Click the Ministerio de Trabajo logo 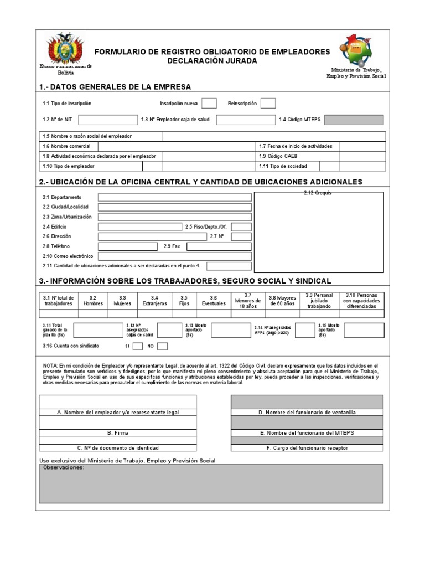(x=356, y=50)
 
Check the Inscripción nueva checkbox (x=209, y=104)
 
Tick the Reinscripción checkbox (x=268, y=104)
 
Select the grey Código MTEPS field (x=354, y=120)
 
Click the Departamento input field (x=175, y=197)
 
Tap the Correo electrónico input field (x=175, y=256)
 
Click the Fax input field (x=219, y=246)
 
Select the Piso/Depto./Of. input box (x=241, y=227)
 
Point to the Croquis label (x=318, y=193)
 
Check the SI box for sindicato (x=138, y=346)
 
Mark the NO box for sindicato (x=163, y=346)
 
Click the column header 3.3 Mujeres (x=122, y=301)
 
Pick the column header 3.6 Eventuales (x=214, y=301)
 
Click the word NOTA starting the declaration (x=50, y=366)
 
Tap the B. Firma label (x=118, y=433)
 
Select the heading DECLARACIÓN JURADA (x=212, y=61)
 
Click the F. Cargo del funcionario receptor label (x=307, y=448)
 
